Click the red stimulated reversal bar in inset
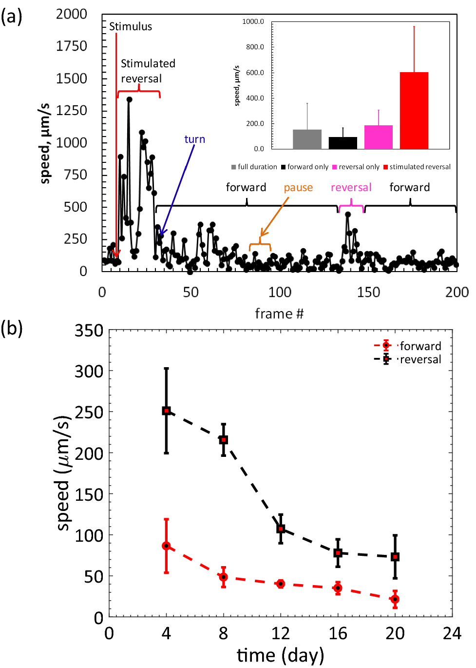point(414,111)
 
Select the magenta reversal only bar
point(378,137)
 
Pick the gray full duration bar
point(307,139)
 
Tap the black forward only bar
point(343,143)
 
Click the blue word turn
point(194,139)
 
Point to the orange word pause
point(298,188)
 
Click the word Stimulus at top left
point(130,26)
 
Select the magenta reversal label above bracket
point(351,188)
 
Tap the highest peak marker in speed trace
point(129,99)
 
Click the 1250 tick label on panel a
point(71,110)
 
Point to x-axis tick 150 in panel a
point(368,292)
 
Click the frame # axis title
point(279,314)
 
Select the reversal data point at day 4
point(166,411)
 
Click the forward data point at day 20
point(395,599)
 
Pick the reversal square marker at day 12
point(281,529)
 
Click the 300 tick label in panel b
point(89,371)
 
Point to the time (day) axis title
point(280,655)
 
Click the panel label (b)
point(12,328)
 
